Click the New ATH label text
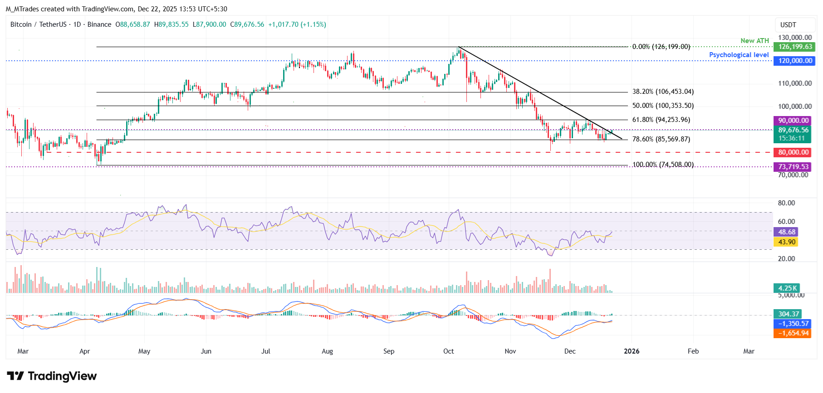click(754, 41)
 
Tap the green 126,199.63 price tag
click(795, 47)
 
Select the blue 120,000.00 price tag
click(795, 61)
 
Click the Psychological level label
click(739, 55)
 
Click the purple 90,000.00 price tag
click(793, 121)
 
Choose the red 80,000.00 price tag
click(793, 152)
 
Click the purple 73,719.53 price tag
click(793, 167)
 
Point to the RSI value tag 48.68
click(787, 232)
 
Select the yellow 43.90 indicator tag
click(787, 242)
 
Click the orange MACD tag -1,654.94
click(793, 333)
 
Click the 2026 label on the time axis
click(632, 351)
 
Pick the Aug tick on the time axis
click(327, 351)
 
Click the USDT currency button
click(788, 25)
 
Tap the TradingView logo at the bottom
click(52, 376)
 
